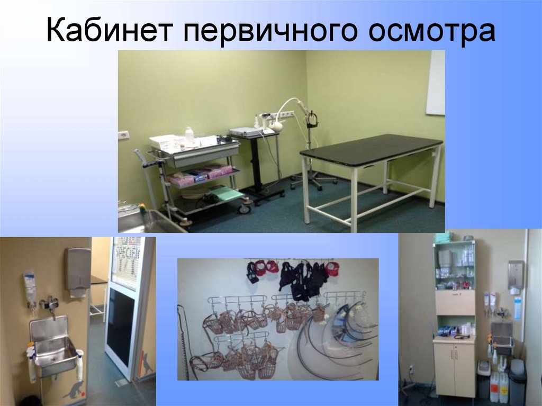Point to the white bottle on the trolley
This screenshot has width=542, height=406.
coord(189,135)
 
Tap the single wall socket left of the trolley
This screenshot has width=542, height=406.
coord(123,134)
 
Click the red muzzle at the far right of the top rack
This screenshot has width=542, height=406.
coord(332,268)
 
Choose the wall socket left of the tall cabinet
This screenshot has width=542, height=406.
coord(411,368)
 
